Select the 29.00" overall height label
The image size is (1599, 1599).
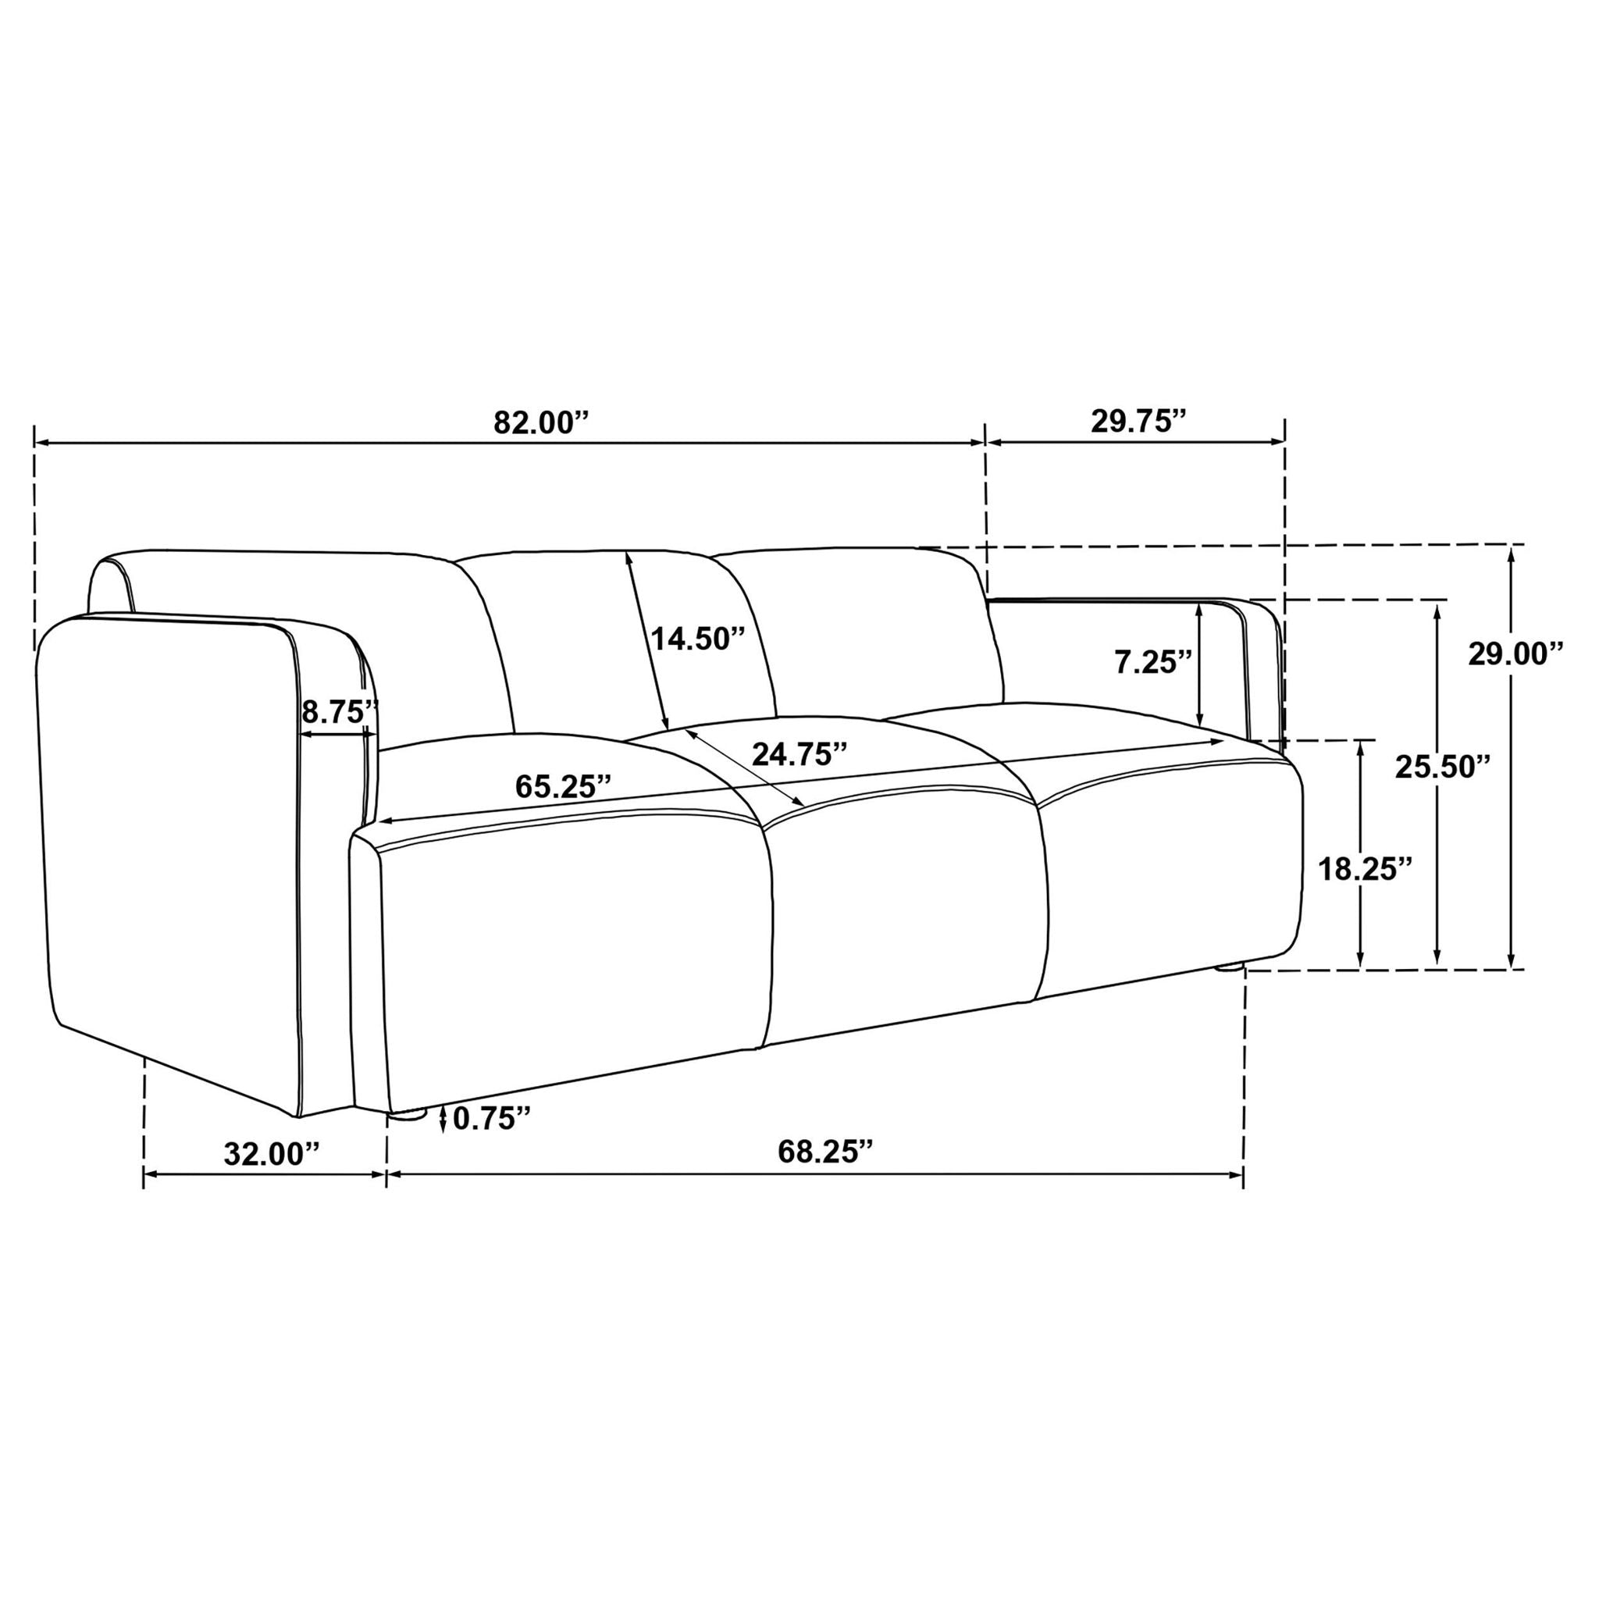click(1515, 653)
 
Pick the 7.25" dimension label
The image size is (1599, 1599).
click(1153, 662)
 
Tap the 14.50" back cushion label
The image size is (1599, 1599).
click(698, 639)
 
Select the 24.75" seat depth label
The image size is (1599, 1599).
click(799, 754)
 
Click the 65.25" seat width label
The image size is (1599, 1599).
click(564, 786)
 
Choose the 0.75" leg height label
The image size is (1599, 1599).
click(491, 1119)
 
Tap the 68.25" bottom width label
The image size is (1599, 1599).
click(825, 1152)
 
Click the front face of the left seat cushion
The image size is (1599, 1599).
click(571, 952)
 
